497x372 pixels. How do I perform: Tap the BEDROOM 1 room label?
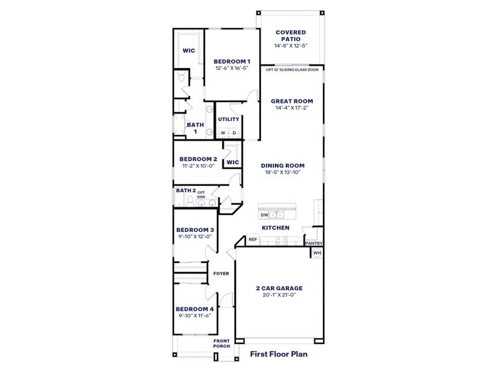[x=232, y=61]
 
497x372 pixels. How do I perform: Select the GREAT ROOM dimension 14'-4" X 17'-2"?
[x=291, y=108]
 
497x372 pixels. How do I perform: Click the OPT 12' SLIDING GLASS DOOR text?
[x=291, y=69]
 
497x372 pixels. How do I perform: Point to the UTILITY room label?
[x=228, y=119]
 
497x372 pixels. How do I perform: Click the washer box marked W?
[x=222, y=133]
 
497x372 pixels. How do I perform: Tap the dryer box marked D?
[x=234, y=133]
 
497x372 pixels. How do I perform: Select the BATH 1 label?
[x=195, y=128]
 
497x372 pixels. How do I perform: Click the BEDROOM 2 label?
[x=198, y=159]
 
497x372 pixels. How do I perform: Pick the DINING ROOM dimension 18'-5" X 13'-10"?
[x=283, y=172]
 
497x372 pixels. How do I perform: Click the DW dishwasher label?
[x=264, y=215]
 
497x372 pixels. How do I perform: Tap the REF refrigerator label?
[x=253, y=239]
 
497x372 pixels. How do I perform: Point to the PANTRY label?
[x=314, y=244]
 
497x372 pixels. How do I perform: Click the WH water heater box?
[x=317, y=253]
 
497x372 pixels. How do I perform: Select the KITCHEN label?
[x=275, y=228]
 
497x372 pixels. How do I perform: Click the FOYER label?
[x=221, y=273]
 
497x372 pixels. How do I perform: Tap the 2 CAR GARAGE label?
[x=279, y=288]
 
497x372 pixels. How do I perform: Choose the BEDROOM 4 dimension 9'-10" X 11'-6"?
[x=194, y=316]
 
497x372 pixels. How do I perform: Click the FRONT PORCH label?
[x=222, y=343]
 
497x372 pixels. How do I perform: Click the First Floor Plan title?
[x=279, y=355]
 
